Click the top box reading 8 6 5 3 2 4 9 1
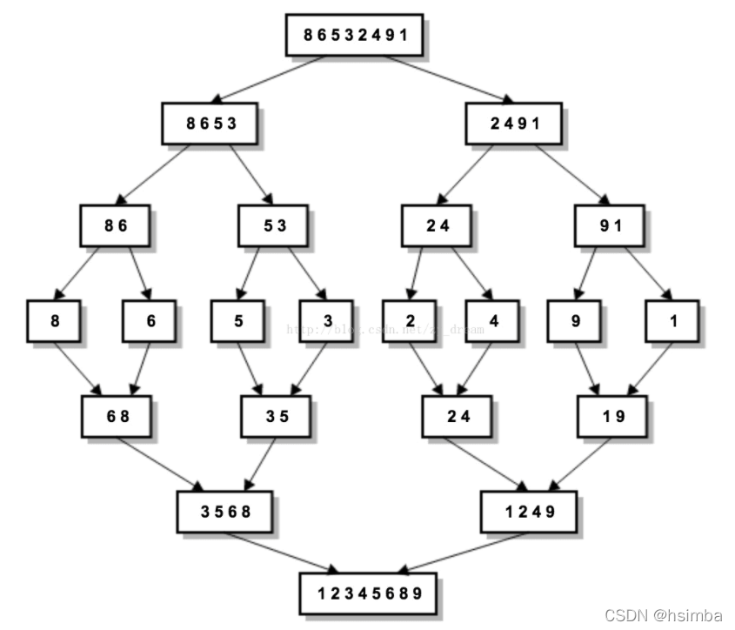click(x=355, y=35)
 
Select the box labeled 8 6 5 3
click(x=211, y=123)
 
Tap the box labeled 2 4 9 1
click(x=515, y=123)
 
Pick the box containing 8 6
click(x=116, y=225)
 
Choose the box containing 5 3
click(x=275, y=225)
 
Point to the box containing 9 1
click(x=611, y=225)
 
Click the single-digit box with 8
click(x=54, y=320)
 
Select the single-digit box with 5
click(x=237, y=320)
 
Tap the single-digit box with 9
click(x=575, y=320)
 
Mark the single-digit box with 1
click(x=672, y=320)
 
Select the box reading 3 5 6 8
click(x=225, y=511)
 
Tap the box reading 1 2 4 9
click(x=529, y=511)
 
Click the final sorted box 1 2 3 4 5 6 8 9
click(x=369, y=593)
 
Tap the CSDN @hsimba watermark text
click(x=664, y=615)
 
